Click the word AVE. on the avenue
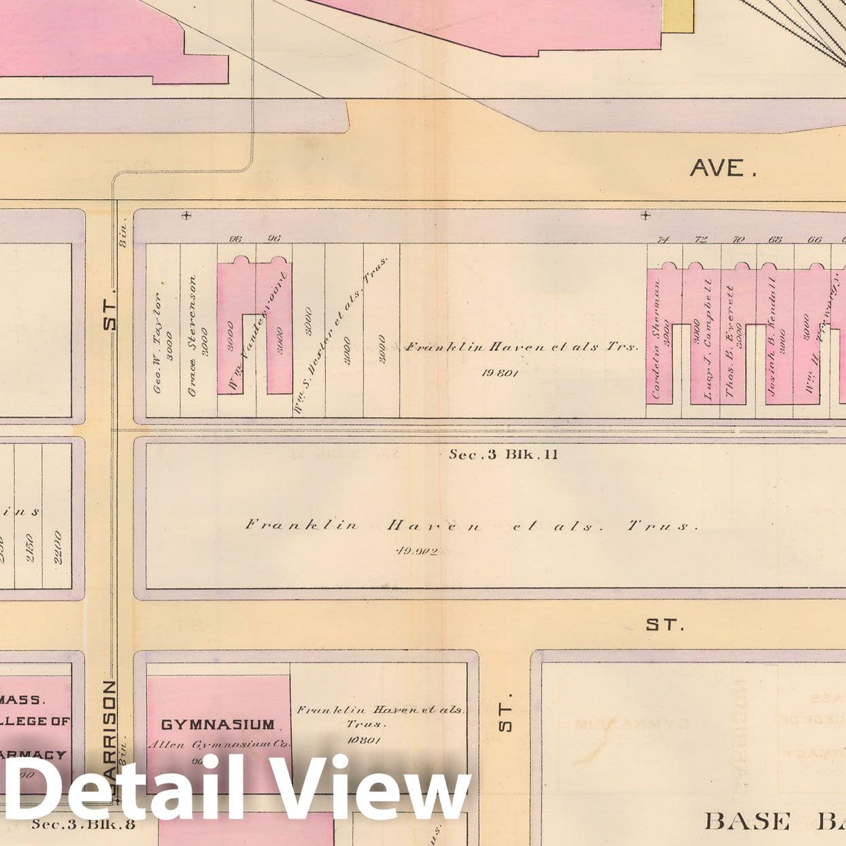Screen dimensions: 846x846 pyautogui.click(x=724, y=167)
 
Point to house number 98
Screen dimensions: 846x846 pyautogui.click(x=237, y=238)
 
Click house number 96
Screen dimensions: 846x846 pyautogui.click(x=274, y=238)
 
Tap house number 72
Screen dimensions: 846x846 pyautogui.click(x=701, y=239)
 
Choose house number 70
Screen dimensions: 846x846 pyautogui.click(x=738, y=239)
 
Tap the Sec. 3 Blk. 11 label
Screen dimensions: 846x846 pyautogui.click(x=503, y=454)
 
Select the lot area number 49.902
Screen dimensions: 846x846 pyautogui.click(x=416, y=551)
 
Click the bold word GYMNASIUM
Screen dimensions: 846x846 pyautogui.click(x=218, y=725)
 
